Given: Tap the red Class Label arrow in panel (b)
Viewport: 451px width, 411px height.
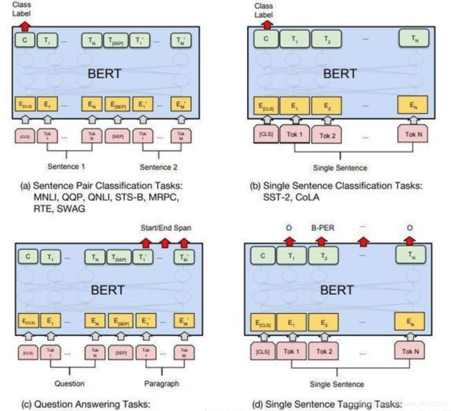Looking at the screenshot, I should tap(268, 24).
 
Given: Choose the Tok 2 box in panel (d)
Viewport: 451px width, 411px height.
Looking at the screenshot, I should tap(324, 350).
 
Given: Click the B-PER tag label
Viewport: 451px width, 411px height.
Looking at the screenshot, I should tap(321, 228).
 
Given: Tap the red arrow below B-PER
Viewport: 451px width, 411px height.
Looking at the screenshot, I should tap(321, 240).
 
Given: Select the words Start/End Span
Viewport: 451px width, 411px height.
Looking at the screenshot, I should tap(166, 228).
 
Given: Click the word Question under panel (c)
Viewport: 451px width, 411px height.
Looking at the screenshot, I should tap(70, 383).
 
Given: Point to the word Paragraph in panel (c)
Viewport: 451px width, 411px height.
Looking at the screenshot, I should tap(161, 383).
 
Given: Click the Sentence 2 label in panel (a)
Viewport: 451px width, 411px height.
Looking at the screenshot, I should tap(158, 167).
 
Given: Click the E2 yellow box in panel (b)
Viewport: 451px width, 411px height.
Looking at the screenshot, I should tap(326, 106).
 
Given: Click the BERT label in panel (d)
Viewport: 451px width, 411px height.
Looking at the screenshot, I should tap(336, 290).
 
